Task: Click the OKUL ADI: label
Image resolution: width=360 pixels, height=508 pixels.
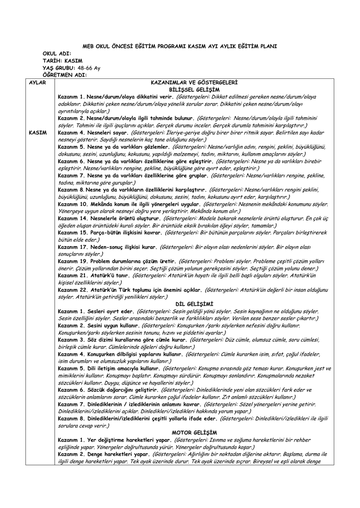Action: click(57, 53)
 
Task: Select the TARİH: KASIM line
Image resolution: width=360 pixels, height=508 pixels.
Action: click(63, 61)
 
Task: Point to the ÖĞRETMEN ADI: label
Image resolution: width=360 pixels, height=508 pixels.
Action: click(65, 75)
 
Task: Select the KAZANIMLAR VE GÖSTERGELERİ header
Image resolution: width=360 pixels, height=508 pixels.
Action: click(194, 82)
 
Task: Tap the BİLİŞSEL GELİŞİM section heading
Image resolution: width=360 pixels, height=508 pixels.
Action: click(194, 89)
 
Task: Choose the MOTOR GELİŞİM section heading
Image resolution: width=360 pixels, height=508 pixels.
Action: click(194, 433)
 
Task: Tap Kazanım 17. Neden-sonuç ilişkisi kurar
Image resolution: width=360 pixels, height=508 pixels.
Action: click(108, 247)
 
